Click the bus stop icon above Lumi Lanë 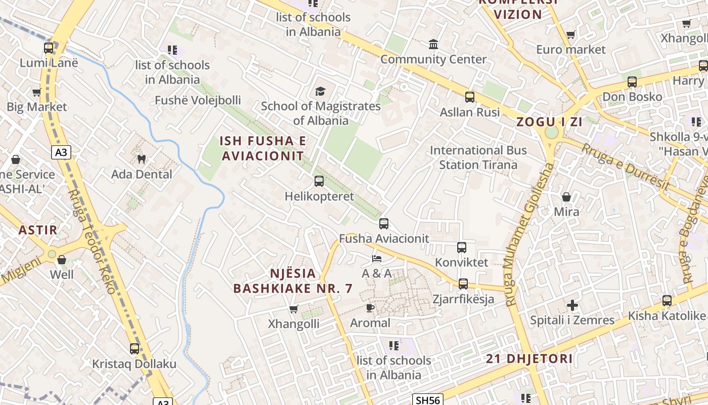(x=49, y=48)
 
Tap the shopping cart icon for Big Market (x=36, y=92)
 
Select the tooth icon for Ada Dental (x=142, y=159)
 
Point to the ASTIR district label (x=38, y=230)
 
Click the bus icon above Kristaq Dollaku (x=134, y=348)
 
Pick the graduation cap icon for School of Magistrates (x=320, y=91)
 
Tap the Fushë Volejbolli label (x=198, y=100)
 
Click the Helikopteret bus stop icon (x=319, y=181)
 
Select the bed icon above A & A (x=376, y=258)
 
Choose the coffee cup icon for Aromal (x=370, y=308)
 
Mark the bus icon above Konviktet (x=461, y=247)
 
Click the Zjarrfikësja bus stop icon (x=463, y=283)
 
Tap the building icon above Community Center (x=433, y=45)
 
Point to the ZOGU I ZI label (x=549, y=122)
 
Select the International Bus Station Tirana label (x=478, y=157)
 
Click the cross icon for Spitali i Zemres (x=572, y=305)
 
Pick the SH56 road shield (x=427, y=400)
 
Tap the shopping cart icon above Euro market (x=570, y=34)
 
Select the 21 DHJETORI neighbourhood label (x=529, y=359)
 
